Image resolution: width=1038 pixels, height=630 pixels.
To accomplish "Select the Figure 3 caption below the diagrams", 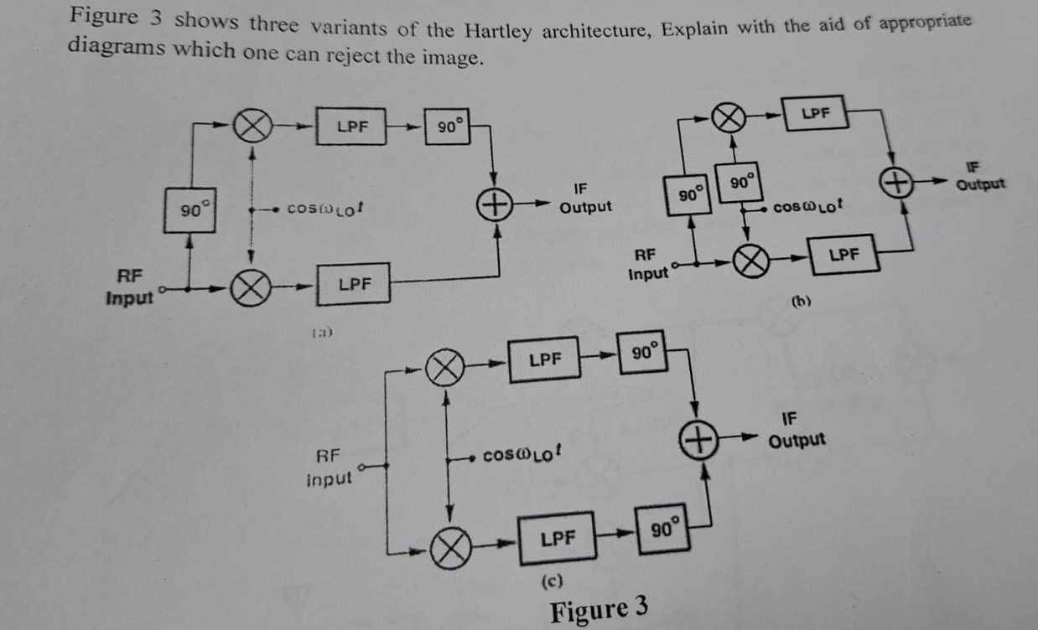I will (x=599, y=609).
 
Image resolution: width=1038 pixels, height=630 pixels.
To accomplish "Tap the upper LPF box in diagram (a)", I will (x=350, y=127).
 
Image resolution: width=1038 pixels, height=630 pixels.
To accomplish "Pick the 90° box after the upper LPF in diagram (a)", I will (x=448, y=127).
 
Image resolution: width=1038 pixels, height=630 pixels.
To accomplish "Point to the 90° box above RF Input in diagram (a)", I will (x=189, y=209).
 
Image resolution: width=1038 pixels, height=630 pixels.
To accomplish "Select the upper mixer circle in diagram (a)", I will (x=252, y=127).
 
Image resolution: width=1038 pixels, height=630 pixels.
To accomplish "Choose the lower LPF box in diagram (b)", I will (x=845, y=254).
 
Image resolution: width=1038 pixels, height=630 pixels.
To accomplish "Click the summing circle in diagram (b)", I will (x=895, y=182).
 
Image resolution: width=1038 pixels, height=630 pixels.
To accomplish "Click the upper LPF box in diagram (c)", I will (x=545, y=359).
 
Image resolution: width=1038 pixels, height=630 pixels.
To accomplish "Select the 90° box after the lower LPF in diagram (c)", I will (x=662, y=532).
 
